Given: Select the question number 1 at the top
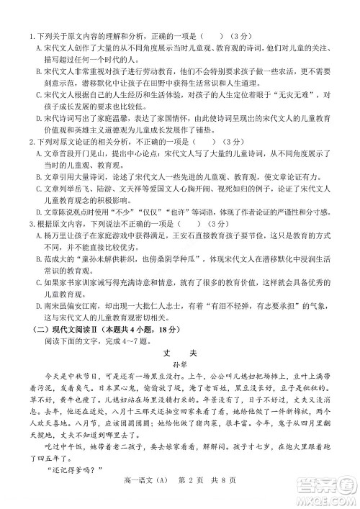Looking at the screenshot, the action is point(30,36).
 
